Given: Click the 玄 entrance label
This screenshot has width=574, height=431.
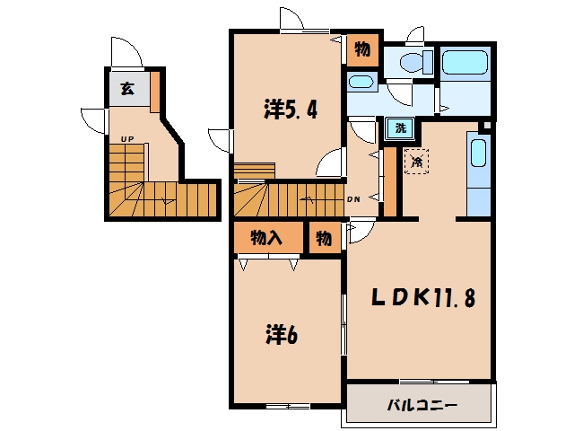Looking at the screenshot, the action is click(127, 89).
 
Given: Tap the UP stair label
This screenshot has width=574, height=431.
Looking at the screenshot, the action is click(127, 139).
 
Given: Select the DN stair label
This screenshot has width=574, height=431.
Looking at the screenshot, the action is click(353, 199).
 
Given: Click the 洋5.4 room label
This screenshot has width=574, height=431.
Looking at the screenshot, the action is click(290, 109).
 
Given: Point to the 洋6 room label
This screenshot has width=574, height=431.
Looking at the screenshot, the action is click(281, 335).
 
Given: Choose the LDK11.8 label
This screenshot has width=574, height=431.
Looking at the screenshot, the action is click(423, 297).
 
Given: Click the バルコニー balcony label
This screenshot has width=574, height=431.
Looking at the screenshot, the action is click(422, 406).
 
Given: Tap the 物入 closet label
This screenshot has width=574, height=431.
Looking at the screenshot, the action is click(266, 238).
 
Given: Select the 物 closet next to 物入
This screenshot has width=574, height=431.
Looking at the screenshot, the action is click(324, 238).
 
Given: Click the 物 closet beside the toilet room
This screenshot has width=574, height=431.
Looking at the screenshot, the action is click(362, 49).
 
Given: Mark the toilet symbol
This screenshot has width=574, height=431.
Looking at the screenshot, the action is click(416, 61).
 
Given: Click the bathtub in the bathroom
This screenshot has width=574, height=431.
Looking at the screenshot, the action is click(465, 63).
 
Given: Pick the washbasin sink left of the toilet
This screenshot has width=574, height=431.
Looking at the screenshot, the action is click(361, 82).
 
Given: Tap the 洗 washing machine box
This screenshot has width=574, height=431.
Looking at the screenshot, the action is click(401, 128).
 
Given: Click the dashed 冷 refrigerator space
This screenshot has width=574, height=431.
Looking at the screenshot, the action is click(416, 162).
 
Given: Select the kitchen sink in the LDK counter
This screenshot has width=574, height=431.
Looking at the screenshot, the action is click(478, 153).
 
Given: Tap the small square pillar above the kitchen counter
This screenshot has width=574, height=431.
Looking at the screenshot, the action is click(486, 126).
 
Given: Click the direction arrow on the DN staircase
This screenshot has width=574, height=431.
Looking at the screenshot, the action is click(307, 199).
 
